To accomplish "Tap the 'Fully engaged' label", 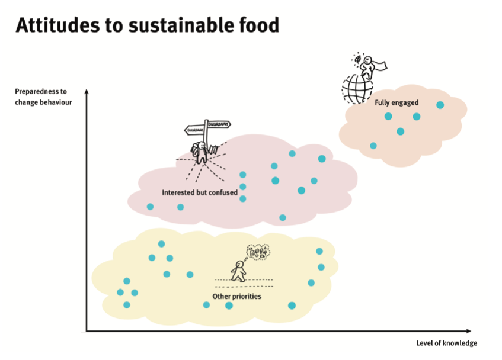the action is pyautogui.click(x=397, y=102).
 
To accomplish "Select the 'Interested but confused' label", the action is pyautogui.click(x=200, y=192).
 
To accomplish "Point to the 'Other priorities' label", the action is pyautogui.click(x=237, y=297).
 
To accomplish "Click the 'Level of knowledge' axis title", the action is pyautogui.click(x=447, y=343).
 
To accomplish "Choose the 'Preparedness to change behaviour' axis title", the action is pyautogui.click(x=43, y=97).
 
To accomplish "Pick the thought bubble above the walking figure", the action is pyautogui.click(x=258, y=252).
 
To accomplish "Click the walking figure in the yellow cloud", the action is pyautogui.click(x=238, y=271).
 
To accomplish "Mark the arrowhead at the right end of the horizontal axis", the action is pyautogui.click(x=469, y=331).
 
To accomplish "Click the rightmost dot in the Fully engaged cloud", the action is pyautogui.click(x=440, y=105).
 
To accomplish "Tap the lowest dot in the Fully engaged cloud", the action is pyautogui.click(x=373, y=146).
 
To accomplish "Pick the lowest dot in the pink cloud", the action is pyautogui.click(x=282, y=218).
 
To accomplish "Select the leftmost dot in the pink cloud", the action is pyautogui.click(x=150, y=207).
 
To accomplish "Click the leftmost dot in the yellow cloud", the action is pyautogui.click(x=120, y=292).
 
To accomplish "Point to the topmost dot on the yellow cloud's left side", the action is pyautogui.click(x=161, y=244).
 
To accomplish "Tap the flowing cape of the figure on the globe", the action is pyautogui.click(x=381, y=66).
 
